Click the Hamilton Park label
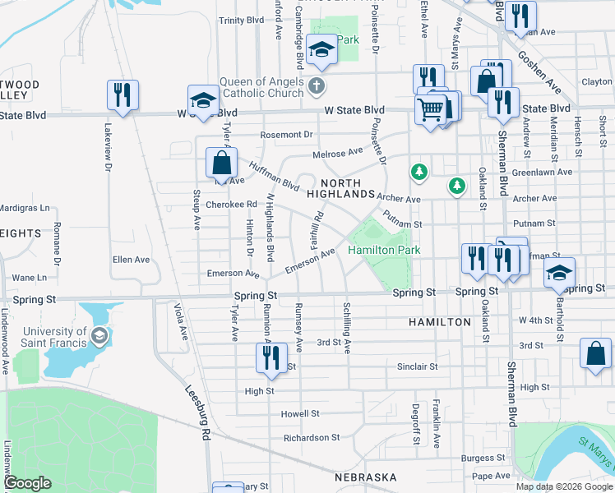pyautogui.click(x=384, y=250)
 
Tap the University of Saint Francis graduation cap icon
pyautogui.click(x=99, y=335)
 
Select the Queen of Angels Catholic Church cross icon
pyautogui.click(x=317, y=85)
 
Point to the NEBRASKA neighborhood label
pyautogui.click(x=365, y=477)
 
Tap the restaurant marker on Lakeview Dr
pyautogui.click(x=121, y=94)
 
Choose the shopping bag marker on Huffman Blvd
pyautogui.click(x=221, y=162)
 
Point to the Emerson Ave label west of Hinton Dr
pyautogui.click(x=234, y=274)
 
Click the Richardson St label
pyautogui.click(x=312, y=438)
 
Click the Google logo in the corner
pyautogui.click(x=27, y=483)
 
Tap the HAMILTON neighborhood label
pyautogui.click(x=440, y=323)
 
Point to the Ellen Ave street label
pyautogui.click(x=132, y=260)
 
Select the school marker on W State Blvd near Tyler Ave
pyautogui.click(x=201, y=100)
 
